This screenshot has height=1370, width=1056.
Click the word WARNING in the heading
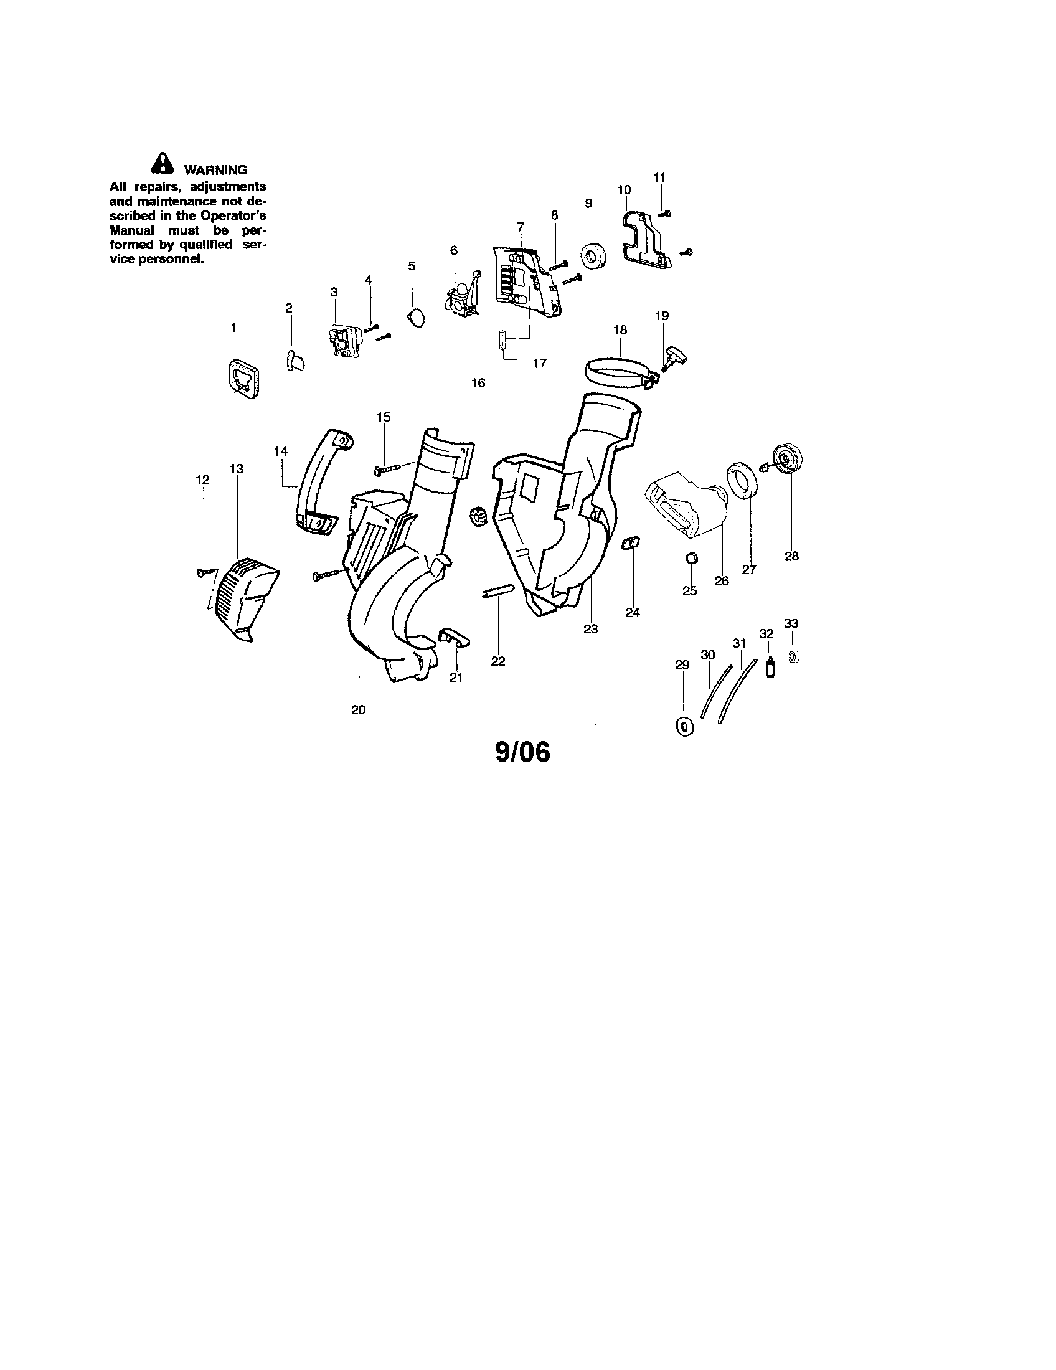tap(215, 170)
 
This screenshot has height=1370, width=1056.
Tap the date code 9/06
tap(522, 753)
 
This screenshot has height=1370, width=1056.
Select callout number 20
tap(358, 710)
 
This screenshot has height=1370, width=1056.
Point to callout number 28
tap(791, 555)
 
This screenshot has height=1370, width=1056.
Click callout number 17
tap(539, 363)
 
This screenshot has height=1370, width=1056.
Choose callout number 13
tap(237, 468)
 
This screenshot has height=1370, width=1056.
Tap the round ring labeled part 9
tap(593, 257)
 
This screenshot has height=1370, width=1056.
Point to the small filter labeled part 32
tap(770, 666)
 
